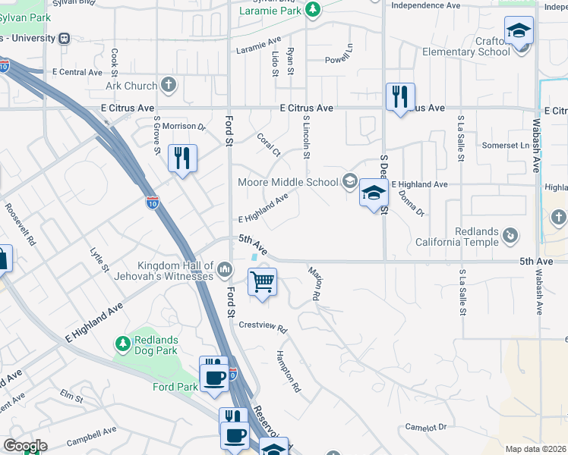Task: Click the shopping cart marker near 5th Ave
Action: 262,283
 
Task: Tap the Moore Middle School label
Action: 288,182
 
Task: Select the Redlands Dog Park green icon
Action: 123,346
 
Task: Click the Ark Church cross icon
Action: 168,86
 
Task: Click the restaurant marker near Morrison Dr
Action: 181,158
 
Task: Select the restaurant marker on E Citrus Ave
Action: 399,97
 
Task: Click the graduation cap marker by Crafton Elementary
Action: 519,32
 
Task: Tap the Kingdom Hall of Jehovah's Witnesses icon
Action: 225,269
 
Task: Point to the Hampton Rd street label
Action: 289,375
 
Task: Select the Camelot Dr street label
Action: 425,428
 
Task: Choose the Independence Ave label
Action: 425,5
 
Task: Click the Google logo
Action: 25,446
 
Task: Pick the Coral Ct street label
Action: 269,146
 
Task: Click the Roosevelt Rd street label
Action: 21,223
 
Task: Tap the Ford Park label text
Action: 175,386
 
